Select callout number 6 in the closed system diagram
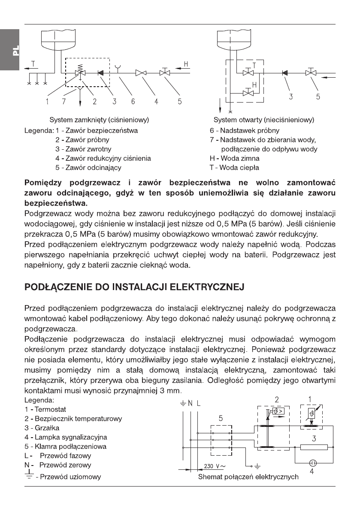[x=133, y=102]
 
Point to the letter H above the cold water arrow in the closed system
[x=186, y=64]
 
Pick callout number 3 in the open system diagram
[x=291, y=97]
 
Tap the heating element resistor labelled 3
[x=315, y=447]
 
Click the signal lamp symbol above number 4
[x=313, y=463]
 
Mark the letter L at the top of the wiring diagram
[x=199, y=403]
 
